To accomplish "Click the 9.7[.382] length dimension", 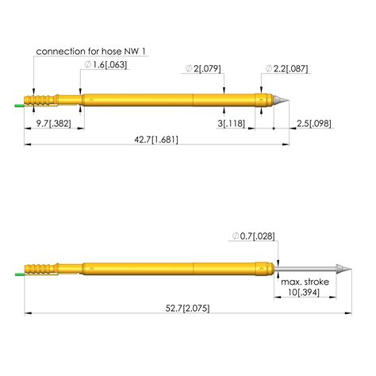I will (x=55, y=125).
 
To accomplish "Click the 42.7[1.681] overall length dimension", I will (x=155, y=140).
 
